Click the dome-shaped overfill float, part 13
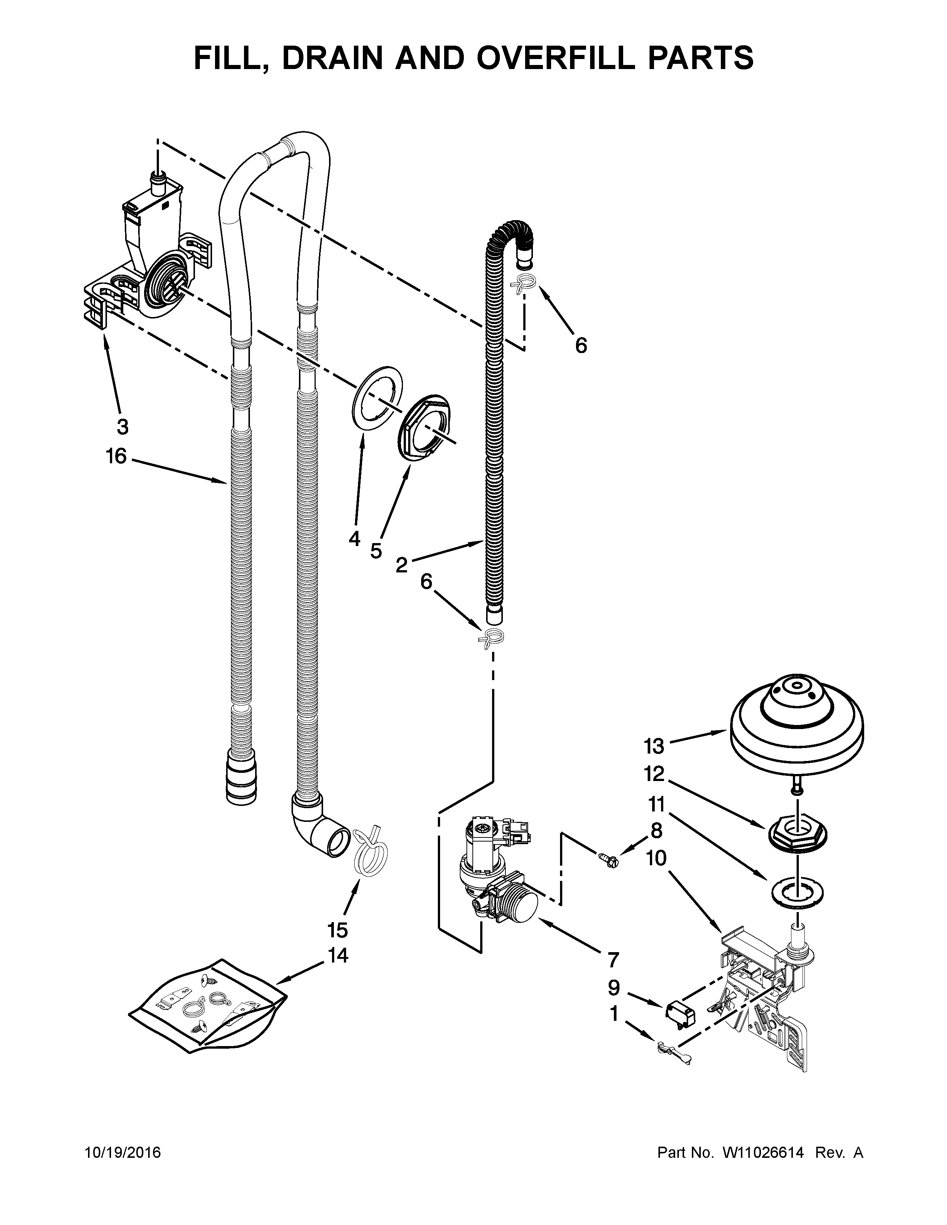click(797, 723)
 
